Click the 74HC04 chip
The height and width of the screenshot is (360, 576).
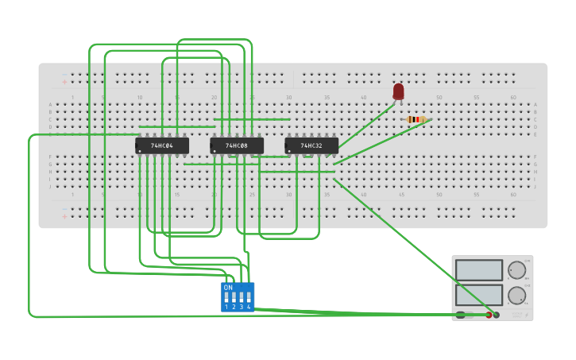[x=162, y=145]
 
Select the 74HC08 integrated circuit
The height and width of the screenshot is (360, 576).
[x=237, y=145]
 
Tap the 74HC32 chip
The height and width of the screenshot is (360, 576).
[x=311, y=145]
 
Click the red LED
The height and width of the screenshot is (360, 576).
[x=398, y=91]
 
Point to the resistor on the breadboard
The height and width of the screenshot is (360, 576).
[x=416, y=119]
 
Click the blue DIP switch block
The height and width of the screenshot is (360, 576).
[x=238, y=296]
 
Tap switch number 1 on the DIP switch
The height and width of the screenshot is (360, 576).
[x=226, y=299]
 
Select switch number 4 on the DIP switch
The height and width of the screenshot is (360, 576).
[x=249, y=299]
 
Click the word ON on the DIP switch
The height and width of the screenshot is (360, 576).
[x=228, y=288]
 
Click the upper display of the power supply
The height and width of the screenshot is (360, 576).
[x=479, y=270]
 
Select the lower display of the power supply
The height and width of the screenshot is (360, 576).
[x=479, y=295]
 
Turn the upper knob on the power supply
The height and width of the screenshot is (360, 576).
[x=517, y=270]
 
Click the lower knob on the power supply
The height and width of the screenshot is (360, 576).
[x=517, y=296]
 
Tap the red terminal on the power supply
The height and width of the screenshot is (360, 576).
[x=489, y=315]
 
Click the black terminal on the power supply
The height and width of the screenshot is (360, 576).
[x=497, y=315]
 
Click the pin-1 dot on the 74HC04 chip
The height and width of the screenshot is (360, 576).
[x=140, y=151]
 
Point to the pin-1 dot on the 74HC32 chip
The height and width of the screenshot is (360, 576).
[x=289, y=151]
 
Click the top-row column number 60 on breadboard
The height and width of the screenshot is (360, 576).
[x=513, y=98]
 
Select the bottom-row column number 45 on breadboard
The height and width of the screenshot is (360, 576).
[x=401, y=194]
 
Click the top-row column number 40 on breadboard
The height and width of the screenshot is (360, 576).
[x=364, y=98]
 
